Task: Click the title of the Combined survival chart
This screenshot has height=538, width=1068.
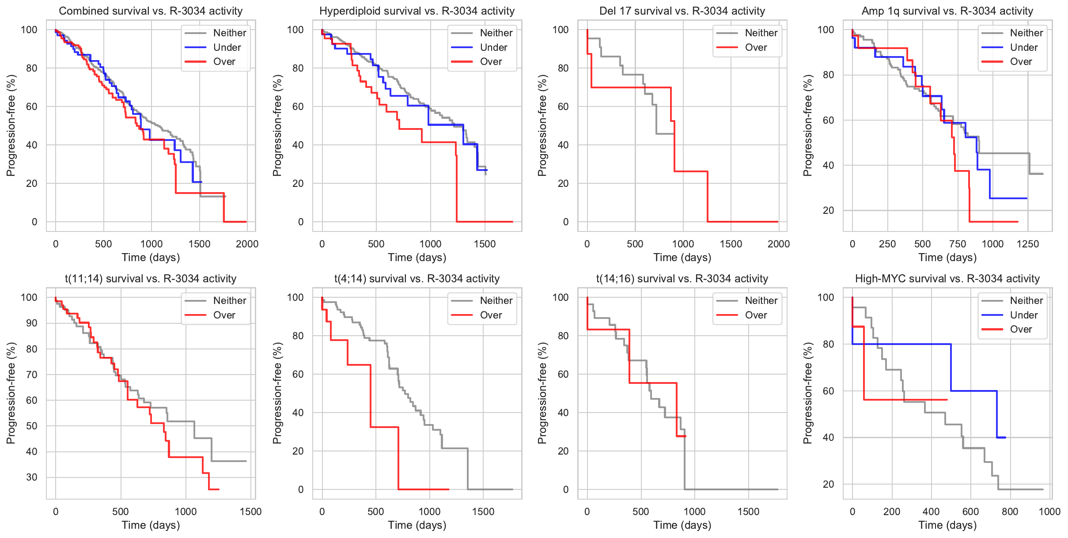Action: [x=151, y=11]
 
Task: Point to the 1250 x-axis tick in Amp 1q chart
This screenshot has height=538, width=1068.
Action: [x=1028, y=244]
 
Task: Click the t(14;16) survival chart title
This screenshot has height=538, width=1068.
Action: [x=682, y=279]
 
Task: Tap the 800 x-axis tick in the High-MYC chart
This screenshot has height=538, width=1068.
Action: [x=1010, y=511]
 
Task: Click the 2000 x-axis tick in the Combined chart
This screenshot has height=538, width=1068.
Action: [x=247, y=244]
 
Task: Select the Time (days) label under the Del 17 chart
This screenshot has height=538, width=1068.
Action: [x=682, y=258]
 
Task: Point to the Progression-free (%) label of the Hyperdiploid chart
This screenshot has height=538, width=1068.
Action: [x=277, y=125]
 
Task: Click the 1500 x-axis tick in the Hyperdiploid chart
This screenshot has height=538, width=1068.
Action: [x=485, y=244]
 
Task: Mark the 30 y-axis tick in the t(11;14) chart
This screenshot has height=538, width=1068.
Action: [x=32, y=477]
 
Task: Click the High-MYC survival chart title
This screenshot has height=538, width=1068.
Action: [x=947, y=279]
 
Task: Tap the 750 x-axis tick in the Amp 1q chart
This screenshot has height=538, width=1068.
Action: [x=958, y=244]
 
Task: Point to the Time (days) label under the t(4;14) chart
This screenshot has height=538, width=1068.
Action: [x=417, y=525]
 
